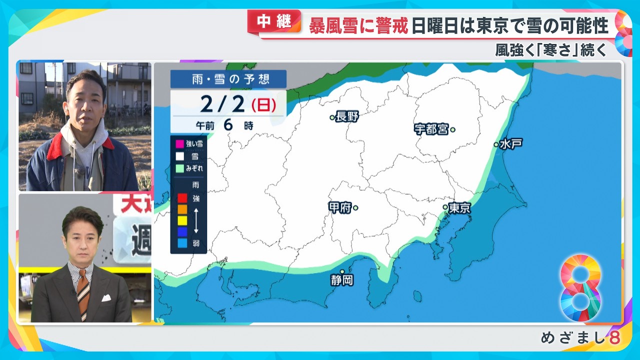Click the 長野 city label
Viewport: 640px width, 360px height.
point(348,117)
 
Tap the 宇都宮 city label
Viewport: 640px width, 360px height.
point(431,129)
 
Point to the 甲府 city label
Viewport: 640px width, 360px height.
point(340,207)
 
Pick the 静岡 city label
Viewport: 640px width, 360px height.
point(342,280)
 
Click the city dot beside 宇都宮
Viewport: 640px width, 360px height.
point(452,129)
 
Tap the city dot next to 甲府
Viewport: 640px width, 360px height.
point(355,207)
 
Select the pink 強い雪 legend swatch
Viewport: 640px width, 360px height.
point(180,144)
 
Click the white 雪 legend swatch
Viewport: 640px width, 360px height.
point(180,156)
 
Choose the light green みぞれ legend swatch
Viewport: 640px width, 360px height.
point(180,168)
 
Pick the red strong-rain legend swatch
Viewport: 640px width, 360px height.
point(182,197)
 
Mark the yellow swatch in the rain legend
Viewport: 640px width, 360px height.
point(182,220)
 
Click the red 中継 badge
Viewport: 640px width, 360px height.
point(274,21)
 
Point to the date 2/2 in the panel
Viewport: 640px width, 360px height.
point(223,104)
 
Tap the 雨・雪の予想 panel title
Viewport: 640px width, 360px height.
point(228,79)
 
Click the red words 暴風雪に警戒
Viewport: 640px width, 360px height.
point(358,25)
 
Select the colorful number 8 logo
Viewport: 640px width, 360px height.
point(580,288)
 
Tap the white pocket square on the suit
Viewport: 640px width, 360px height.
point(106,298)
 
